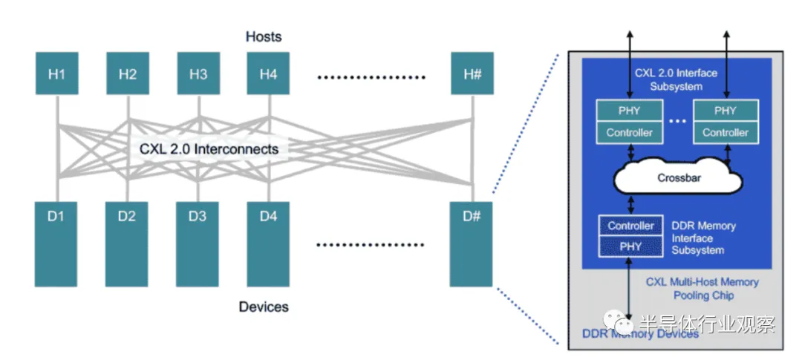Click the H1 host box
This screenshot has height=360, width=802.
[56, 73]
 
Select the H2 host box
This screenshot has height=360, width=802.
[128, 73]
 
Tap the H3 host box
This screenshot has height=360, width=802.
[198, 73]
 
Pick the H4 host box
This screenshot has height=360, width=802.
[268, 73]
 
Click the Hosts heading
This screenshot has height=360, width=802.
[264, 36]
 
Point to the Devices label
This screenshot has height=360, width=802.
[264, 307]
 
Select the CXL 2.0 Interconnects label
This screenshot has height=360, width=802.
[209, 149]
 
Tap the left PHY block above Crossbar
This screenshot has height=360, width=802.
[630, 111]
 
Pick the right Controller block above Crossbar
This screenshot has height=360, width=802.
[726, 133]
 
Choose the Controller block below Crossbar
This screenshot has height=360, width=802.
[630, 226]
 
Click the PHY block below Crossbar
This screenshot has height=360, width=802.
[630, 246]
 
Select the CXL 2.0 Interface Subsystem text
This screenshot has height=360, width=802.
[676, 79]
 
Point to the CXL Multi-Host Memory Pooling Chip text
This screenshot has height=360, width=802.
[702, 289]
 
